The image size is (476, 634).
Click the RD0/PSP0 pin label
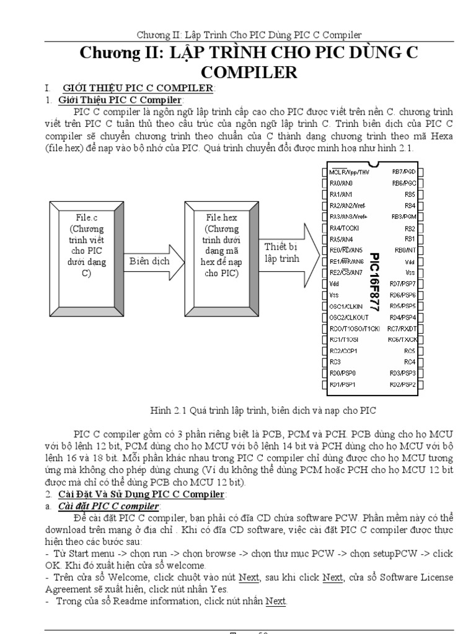pos(344,373)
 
